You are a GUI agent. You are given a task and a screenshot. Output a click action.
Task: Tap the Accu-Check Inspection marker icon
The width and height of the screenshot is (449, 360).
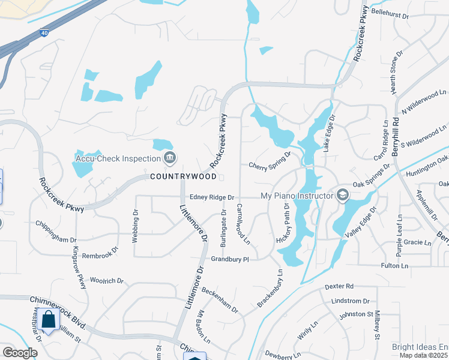pos(170,158)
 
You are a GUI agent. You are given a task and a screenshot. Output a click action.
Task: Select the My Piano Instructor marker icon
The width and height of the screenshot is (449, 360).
pos(342,194)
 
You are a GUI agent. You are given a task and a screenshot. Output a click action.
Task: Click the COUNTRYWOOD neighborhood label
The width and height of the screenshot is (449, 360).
pos(182,177)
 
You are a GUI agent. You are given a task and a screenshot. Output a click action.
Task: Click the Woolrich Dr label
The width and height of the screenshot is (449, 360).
pos(106,280)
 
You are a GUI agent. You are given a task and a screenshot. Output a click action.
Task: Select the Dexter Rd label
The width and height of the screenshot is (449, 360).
pos(340,287)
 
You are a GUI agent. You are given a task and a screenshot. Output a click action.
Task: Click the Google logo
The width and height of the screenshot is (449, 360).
pos(20,352)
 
